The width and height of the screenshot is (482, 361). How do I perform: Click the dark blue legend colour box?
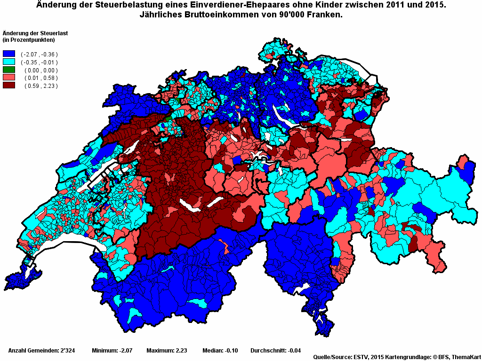(x=9, y=54)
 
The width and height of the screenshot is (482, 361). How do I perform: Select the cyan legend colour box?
(x=9, y=62)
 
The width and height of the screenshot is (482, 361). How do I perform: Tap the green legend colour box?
(x=9, y=70)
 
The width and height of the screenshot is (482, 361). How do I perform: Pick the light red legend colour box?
(x=9, y=78)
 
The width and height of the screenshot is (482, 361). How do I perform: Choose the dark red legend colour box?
(x=9, y=86)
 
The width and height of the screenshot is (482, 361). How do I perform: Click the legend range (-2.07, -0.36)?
(x=39, y=55)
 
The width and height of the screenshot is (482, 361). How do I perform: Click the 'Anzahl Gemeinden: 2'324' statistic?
(x=40, y=351)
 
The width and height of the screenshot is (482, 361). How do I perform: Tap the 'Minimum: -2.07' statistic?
(x=112, y=351)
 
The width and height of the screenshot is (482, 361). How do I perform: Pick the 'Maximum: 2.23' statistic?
(x=167, y=351)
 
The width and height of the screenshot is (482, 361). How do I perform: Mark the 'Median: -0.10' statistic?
(x=220, y=351)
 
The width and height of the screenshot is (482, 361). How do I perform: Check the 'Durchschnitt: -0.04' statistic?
(x=275, y=351)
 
